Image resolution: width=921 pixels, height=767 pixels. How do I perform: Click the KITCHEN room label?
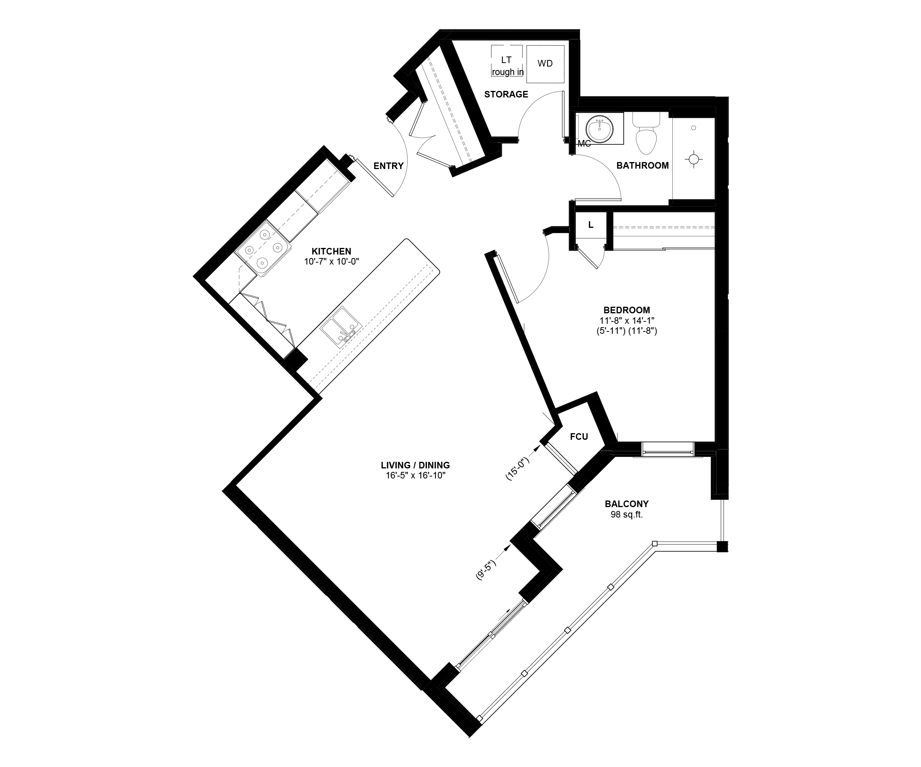[331, 251]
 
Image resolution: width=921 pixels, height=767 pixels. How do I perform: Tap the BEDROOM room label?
[626, 310]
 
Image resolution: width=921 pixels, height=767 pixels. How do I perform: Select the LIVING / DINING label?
[415, 465]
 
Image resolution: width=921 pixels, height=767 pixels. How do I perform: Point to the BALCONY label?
[626, 504]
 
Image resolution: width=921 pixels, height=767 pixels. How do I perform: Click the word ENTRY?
[388, 166]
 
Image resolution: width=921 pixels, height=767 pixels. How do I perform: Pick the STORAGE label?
[506, 94]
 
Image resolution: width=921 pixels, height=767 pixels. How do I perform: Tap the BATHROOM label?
[643, 166]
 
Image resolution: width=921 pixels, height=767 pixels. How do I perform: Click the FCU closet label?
[579, 437]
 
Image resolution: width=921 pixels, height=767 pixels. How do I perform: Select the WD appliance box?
[545, 63]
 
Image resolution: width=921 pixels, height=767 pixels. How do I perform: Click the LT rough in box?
[507, 61]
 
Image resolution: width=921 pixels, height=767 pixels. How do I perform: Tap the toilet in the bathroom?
[646, 133]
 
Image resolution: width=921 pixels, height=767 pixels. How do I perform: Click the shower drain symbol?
[693, 159]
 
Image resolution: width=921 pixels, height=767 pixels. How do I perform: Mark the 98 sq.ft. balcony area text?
[626, 515]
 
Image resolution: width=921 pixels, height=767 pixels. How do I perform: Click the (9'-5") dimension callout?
[486, 570]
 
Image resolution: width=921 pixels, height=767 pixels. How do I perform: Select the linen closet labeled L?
[591, 225]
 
